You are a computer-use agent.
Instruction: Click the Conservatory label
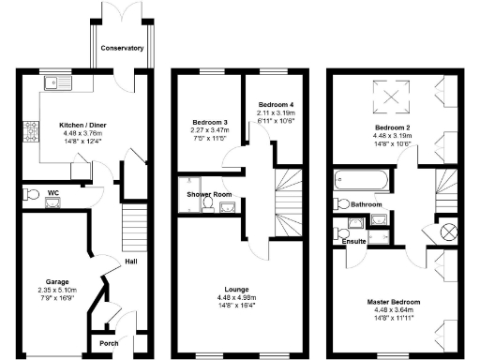click(123, 47)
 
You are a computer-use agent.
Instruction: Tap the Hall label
click(131, 262)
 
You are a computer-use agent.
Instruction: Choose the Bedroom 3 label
click(210, 123)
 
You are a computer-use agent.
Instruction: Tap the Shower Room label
click(208, 195)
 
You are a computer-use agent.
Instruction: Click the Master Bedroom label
click(393, 301)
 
